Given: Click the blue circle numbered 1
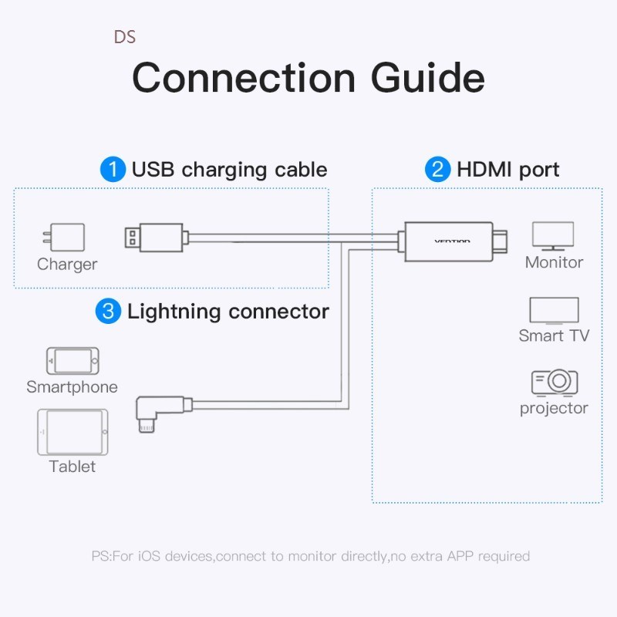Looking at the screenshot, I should click(x=113, y=170).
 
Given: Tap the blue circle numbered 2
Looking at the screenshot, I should click(x=437, y=170).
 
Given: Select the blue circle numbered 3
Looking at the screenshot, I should click(x=108, y=312).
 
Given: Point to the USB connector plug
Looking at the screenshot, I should click(x=154, y=237).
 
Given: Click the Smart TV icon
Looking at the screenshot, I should click(x=554, y=311).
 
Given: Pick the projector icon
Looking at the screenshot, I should click(x=554, y=382).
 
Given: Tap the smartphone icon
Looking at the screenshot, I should click(x=72, y=361).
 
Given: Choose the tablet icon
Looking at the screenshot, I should click(x=72, y=432).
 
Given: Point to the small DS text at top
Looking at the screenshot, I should click(x=124, y=37).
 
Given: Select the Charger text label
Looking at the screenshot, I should click(x=67, y=265).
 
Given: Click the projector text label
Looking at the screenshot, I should click(x=554, y=408).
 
